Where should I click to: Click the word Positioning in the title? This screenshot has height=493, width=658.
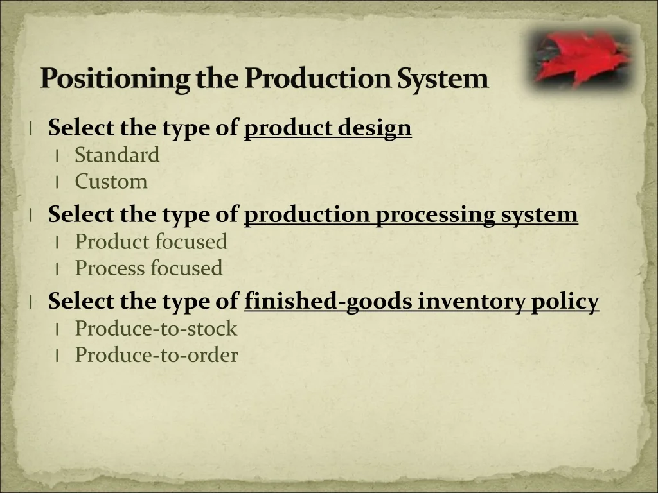pyautogui.click(x=115, y=78)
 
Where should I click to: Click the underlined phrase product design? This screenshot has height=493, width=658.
pyautogui.click(x=328, y=128)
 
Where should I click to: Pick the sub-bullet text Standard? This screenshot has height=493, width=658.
pyautogui.click(x=117, y=155)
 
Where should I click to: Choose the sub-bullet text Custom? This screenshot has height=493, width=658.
pyautogui.click(x=111, y=182)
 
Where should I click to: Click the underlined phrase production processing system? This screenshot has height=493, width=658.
pyautogui.click(x=411, y=214)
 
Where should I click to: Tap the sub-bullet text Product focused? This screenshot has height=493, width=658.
pyautogui.click(x=151, y=241)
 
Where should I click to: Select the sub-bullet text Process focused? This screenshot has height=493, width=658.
pyautogui.click(x=148, y=268)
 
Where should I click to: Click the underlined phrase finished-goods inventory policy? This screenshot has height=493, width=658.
pyautogui.click(x=422, y=302)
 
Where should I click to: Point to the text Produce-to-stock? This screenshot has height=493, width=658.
pyautogui.click(x=156, y=328)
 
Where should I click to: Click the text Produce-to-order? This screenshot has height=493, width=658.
pyautogui.click(x=157, y=355)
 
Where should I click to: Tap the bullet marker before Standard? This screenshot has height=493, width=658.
pyautogui.click(x=57, y=157)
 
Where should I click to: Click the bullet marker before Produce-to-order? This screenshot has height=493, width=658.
pyautogui.click(x=57, y=357)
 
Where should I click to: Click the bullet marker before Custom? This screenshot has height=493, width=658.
pyautogui.click(x=57, y=183)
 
